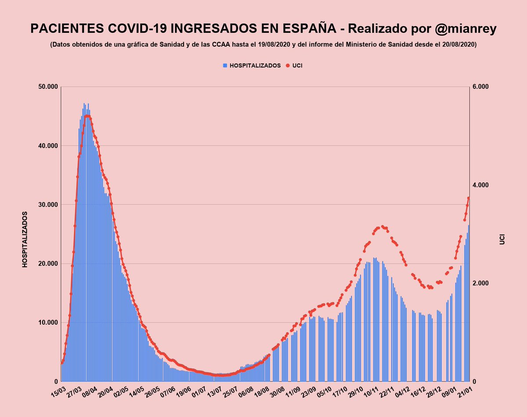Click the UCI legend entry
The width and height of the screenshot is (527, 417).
click(x=297, y=65)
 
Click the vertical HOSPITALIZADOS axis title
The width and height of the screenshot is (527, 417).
click(x=25, y=239)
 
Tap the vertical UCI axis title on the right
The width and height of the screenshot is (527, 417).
click(x=502, y=239)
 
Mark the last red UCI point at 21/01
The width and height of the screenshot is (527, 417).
click(x=469, y=198)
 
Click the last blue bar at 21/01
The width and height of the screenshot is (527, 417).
click(x=469, y=303)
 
